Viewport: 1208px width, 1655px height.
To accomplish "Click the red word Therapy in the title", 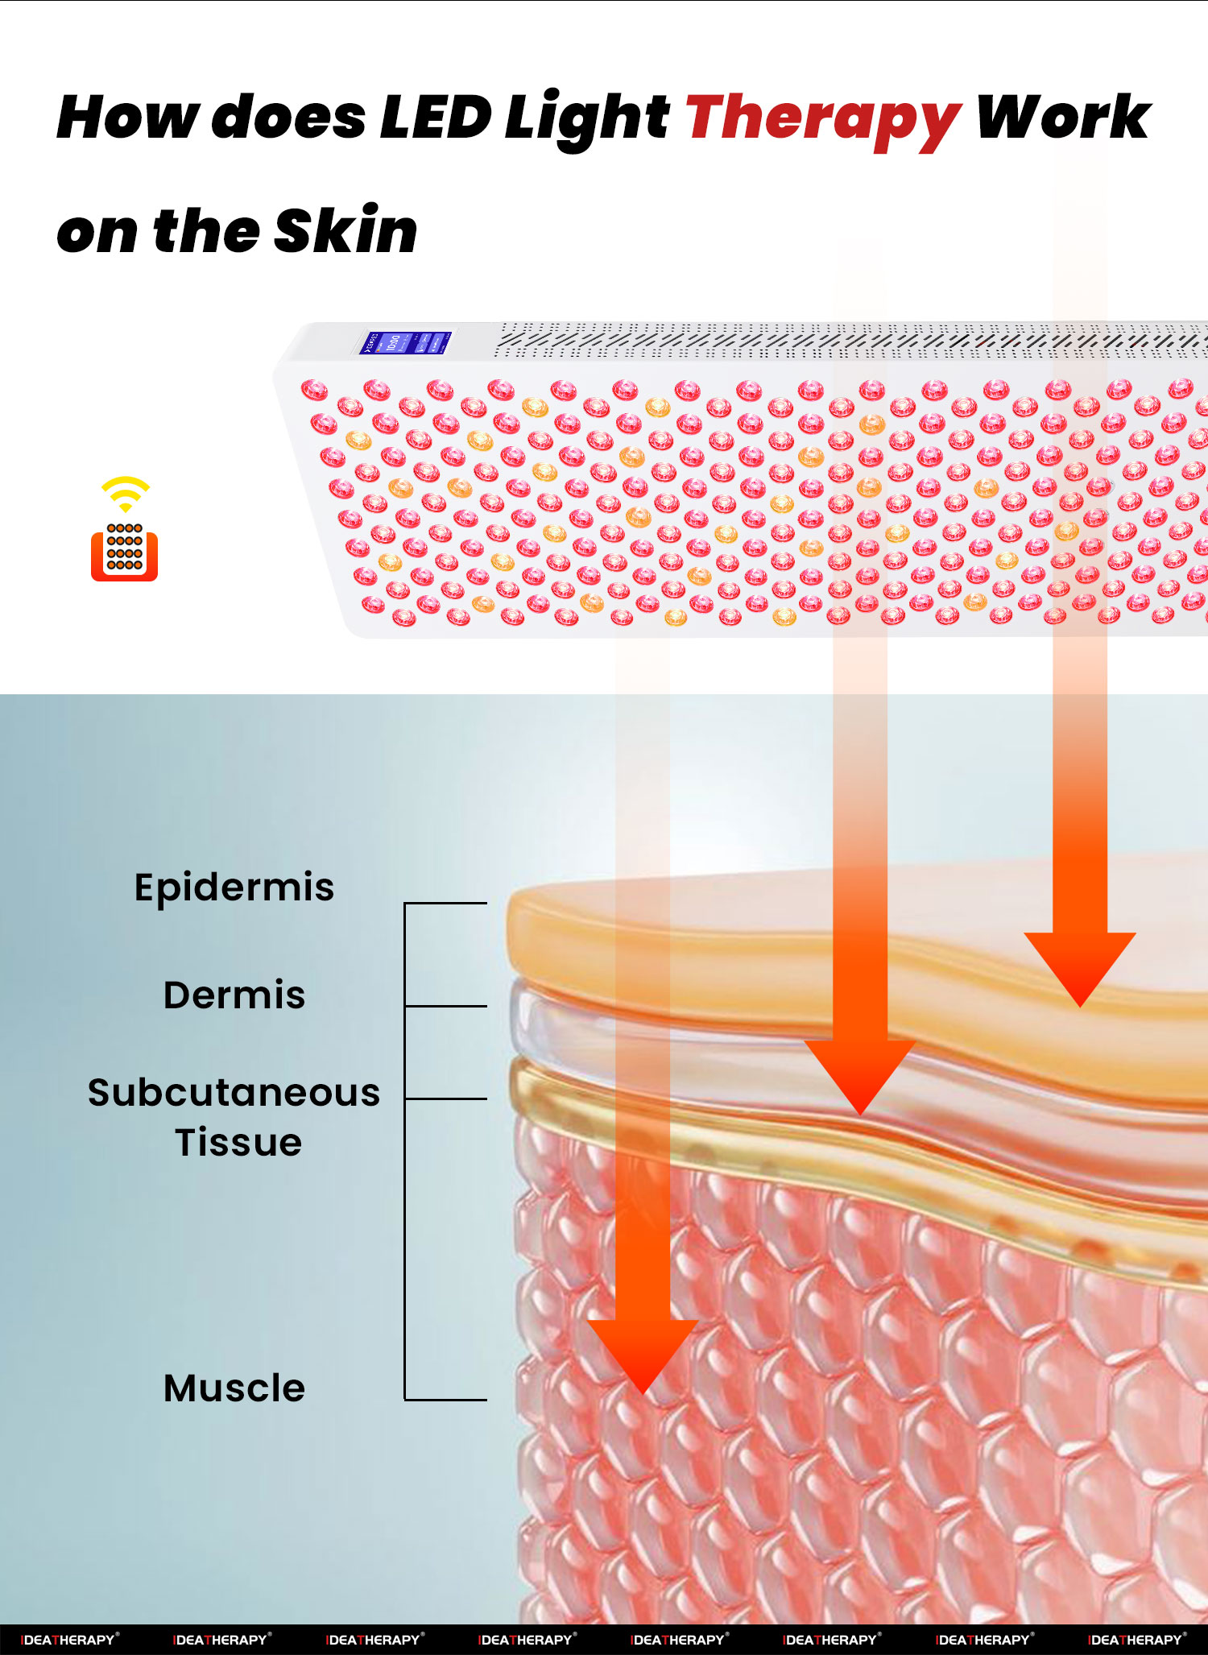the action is point(823,119).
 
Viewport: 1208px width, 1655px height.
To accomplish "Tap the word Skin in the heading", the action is point(345,231).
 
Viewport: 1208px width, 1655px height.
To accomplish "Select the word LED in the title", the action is point(435,118).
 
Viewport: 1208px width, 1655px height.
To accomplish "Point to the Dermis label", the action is point(234,995).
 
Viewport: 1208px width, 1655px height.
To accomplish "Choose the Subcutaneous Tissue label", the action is point(234,1117).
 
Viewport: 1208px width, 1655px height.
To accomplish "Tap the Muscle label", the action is point(234,1388).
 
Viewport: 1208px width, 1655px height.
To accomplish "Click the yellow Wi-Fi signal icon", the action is point(126,494).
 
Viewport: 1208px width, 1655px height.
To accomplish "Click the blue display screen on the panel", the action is point(404,342).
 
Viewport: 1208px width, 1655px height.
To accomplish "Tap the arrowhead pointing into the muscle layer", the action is point(643,1357).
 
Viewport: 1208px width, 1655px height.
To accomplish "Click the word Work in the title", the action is point(1063,118).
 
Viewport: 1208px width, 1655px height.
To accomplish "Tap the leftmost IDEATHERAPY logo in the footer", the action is point(69,1639).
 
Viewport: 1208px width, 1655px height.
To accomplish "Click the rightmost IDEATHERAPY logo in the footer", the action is point(1137,1639).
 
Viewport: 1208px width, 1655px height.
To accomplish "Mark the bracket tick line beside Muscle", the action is point(445,1400).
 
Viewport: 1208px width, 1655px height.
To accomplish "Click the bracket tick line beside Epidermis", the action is point(445,904).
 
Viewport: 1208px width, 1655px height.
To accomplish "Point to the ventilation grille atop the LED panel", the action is point(850,340).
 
